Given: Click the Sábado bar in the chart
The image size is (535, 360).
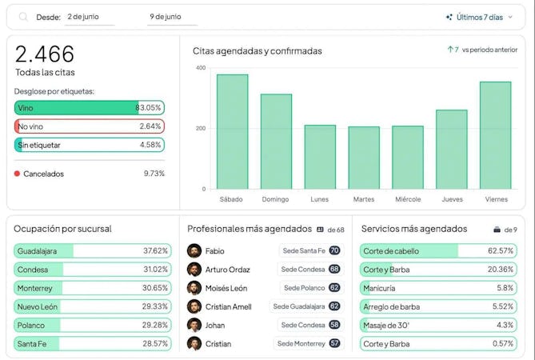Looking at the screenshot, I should [x=232, y=132].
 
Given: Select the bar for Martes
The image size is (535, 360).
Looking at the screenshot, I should [x=364, y=158].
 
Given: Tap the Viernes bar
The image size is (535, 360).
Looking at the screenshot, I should [x=495, y=135].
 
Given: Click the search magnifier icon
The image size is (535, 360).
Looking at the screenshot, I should [x=23, y=17].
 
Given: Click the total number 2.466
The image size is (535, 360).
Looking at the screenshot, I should [x=45, y=54].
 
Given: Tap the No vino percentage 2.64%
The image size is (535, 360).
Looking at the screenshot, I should [x=150, y=126].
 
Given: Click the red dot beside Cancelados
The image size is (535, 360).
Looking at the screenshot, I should [x=17, y=174].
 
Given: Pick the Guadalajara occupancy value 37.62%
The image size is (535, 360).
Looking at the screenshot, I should [x=155, y=251].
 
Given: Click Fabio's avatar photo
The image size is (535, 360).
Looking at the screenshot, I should [x=194, y=251].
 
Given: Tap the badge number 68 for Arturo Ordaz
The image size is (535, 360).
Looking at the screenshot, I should [x=334, y=270].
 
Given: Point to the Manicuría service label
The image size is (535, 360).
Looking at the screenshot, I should [x=379, y=288].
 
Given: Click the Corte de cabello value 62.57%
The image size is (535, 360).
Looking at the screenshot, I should [x=500, y=251].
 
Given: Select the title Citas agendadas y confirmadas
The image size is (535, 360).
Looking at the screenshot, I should [x=257, y=51].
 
